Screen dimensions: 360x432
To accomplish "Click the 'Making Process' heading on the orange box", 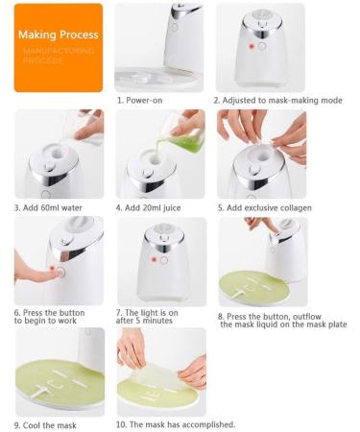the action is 59,35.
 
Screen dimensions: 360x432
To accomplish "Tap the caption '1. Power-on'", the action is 140,100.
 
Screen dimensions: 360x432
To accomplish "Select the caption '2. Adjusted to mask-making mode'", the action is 277,100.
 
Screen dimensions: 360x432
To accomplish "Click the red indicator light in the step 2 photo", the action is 252,46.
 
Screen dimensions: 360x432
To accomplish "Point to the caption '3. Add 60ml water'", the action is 48,207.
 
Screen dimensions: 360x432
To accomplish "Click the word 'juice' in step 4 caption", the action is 172,208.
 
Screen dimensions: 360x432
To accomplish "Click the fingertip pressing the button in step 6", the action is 58,273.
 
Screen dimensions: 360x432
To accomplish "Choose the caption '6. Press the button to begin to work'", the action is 49,317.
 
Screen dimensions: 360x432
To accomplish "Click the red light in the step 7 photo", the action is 154,259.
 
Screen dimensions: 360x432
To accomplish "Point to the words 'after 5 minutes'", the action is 144,321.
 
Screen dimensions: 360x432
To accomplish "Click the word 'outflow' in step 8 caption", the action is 307,317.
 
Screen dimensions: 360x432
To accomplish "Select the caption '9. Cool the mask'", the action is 45,425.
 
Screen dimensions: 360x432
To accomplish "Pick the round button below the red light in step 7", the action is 164,260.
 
